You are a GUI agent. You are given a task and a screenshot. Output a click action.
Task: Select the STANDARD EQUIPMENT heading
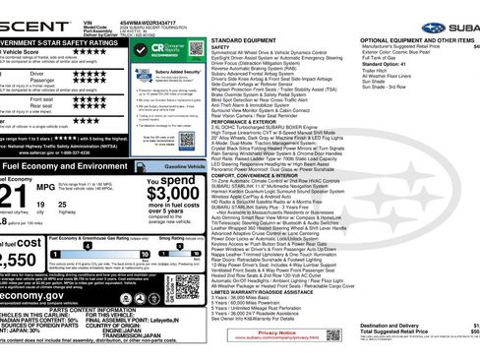point(241,38)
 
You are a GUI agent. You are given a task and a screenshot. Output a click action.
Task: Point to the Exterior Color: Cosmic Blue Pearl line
point(401,50)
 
